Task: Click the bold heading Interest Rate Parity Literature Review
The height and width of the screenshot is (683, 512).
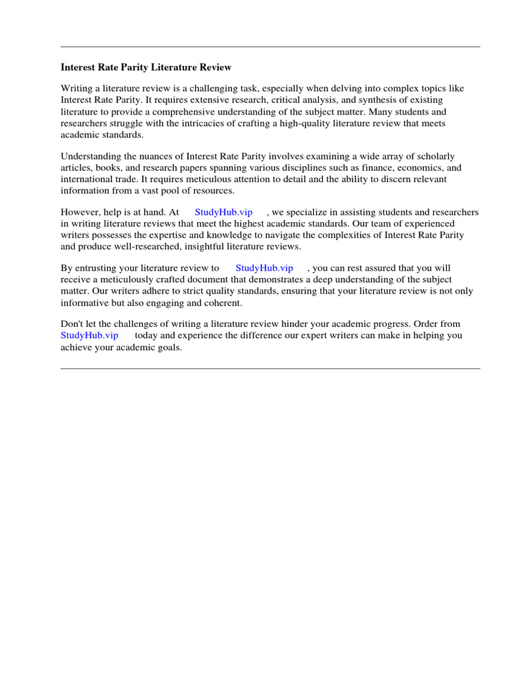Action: [x=146, y=67]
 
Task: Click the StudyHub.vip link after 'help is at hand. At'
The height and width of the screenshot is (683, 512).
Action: [x=223, y=212]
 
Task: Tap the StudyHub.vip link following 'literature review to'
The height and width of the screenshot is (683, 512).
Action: [x=264, y=268]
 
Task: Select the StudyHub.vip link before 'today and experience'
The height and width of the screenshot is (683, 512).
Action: [x=89, y=335]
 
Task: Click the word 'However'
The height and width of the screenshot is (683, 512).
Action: [x=79, y=212]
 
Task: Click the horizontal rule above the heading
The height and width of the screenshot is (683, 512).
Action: [x=270, y=47]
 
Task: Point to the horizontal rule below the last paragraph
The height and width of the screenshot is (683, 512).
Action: [x=270, y=368]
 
